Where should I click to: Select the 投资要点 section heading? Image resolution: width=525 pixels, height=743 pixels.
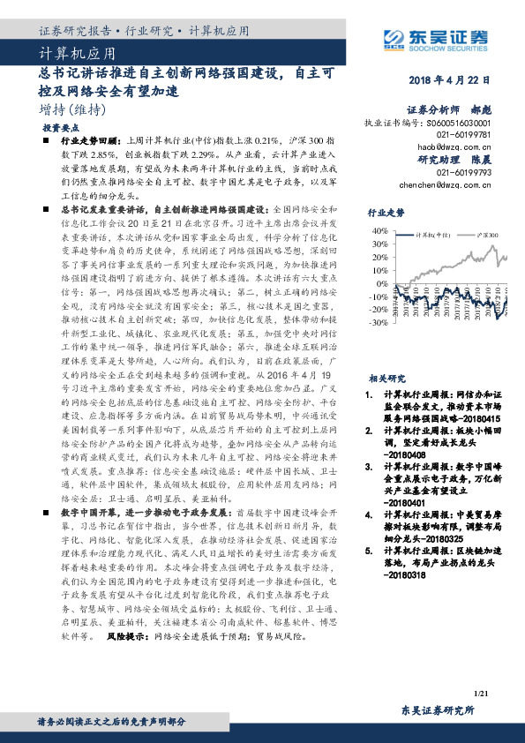click(58, 128)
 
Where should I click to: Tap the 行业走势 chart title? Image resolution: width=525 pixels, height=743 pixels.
click(386, 214)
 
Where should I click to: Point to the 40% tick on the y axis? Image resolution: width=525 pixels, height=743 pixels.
click(380, 230)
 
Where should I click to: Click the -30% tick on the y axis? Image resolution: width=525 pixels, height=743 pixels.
click(379, 323)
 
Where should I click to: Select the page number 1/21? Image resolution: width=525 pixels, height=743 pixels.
click(481, 695)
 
